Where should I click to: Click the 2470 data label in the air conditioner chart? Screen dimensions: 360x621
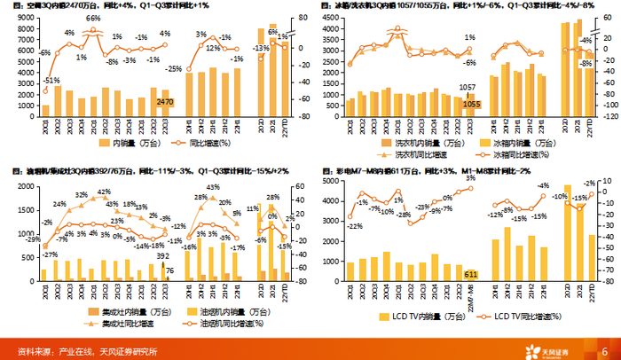(165, 103)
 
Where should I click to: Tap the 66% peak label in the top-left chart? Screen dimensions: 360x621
(93, 18)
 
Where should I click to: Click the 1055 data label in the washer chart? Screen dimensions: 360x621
(472, 104)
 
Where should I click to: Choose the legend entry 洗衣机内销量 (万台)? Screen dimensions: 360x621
(405, 141)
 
